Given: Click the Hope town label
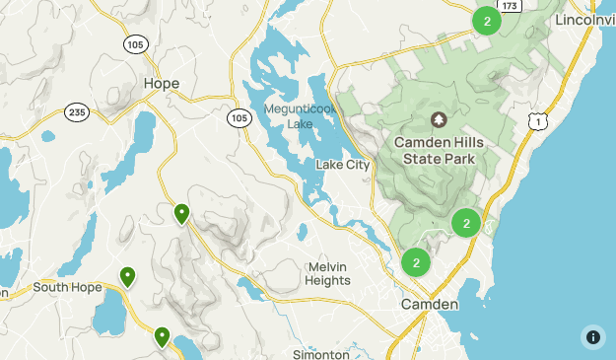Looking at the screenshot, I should coord(162,84).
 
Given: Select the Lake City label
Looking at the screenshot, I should coord(342,165).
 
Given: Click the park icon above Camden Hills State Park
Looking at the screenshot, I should coord(439,120).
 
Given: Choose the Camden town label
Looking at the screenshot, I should coord(429,305).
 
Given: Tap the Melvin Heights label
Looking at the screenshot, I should coord(328,273).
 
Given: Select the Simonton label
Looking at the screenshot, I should coord(321,354).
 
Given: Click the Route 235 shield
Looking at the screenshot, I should coord(77,112).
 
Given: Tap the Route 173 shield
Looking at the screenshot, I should coord(509,6).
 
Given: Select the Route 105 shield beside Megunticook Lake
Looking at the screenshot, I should coord(238,118).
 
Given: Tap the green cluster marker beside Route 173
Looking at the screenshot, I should coord(486,20).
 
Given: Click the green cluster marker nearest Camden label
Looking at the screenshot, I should coord(417,262).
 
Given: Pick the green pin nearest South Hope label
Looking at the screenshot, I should coord(127,277).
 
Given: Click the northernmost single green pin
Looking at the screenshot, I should coord(181,213).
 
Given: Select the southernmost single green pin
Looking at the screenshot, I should coord(162,337).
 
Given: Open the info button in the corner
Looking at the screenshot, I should coord(592,336).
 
